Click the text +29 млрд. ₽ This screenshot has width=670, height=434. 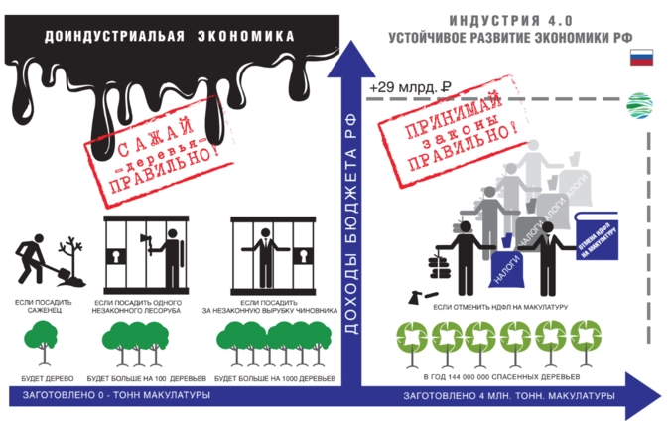[x=410, y=87]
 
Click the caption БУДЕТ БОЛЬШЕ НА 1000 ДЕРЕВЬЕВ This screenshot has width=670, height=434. [x=275, y=379]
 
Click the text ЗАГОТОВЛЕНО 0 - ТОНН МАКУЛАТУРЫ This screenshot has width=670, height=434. [x=111, y=397]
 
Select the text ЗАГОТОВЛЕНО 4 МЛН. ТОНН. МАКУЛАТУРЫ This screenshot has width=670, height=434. [x=508, y=397]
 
